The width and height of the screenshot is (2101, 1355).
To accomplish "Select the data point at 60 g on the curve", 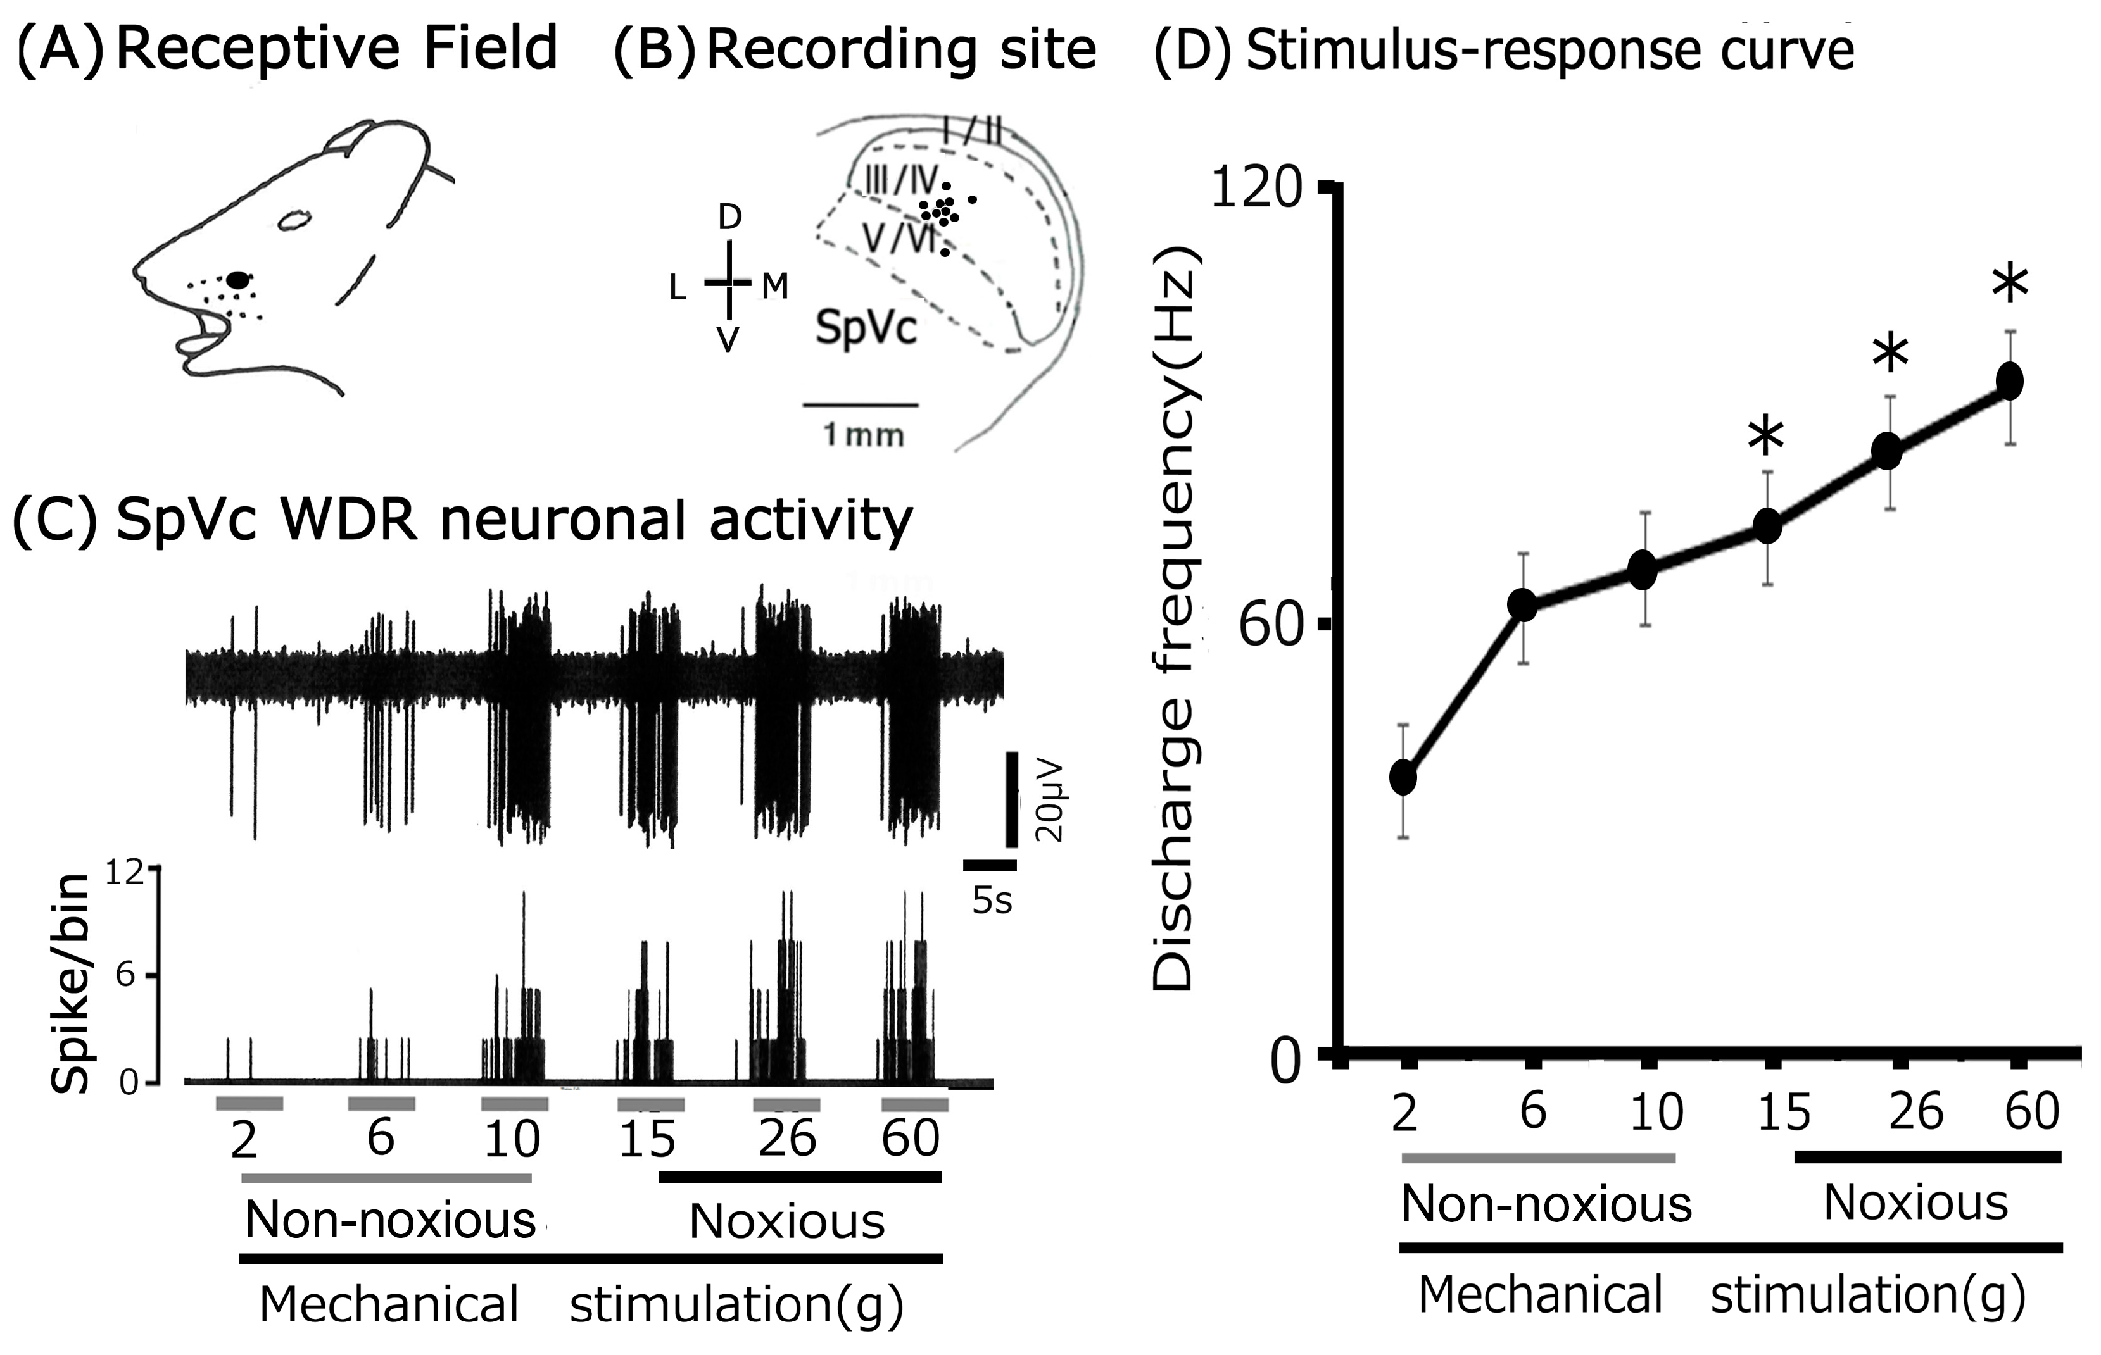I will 2009,382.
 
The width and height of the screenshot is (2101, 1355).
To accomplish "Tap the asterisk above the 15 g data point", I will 1765,437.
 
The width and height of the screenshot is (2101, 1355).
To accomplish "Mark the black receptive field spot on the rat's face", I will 237,280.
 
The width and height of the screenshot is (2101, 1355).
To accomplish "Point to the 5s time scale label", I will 992,901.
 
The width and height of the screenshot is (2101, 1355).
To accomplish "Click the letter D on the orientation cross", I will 729,216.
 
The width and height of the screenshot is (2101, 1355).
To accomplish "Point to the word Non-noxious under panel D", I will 1546,1204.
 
